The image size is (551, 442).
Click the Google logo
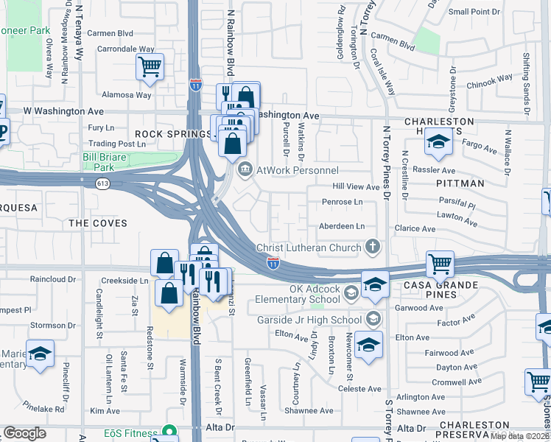(24, 433)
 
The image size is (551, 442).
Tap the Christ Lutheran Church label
(309, 248)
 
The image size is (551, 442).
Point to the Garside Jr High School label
(309, 320)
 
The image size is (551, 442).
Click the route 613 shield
(102, 185)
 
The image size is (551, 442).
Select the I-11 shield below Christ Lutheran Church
(273, 262)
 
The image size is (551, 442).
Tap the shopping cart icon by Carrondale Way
(150, 67)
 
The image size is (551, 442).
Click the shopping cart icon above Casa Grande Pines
(440, 263)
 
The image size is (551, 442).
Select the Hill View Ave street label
(356, 187)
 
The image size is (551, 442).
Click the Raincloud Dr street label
(53, 280)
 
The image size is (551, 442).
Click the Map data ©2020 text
(520, 436)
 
